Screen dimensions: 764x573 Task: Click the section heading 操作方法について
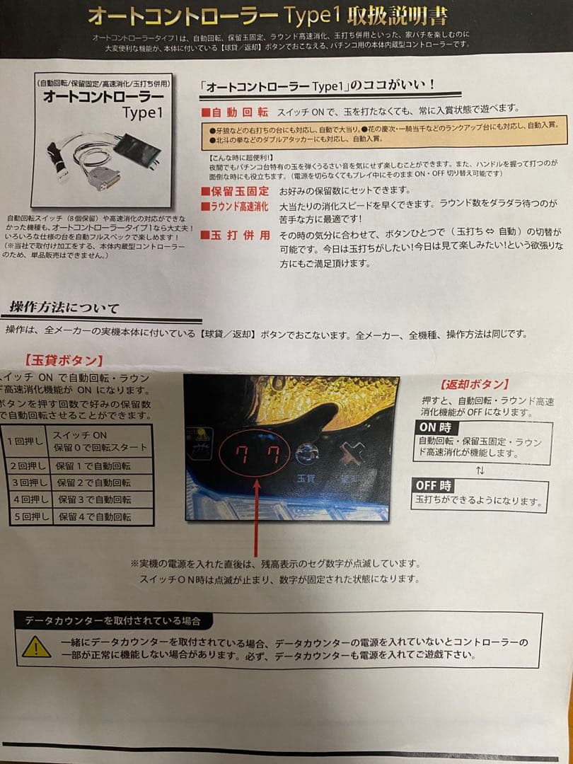click(x=64, y=308)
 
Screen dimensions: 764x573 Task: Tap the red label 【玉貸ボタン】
click(x=64, y=360)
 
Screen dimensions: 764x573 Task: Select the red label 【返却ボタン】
click(x=474, y=384)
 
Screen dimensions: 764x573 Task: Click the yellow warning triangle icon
click(x=36, y=647)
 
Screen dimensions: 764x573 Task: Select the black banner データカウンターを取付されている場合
click(x=113, y=621)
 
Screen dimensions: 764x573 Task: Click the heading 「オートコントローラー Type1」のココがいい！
click(x=318, y=84)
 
